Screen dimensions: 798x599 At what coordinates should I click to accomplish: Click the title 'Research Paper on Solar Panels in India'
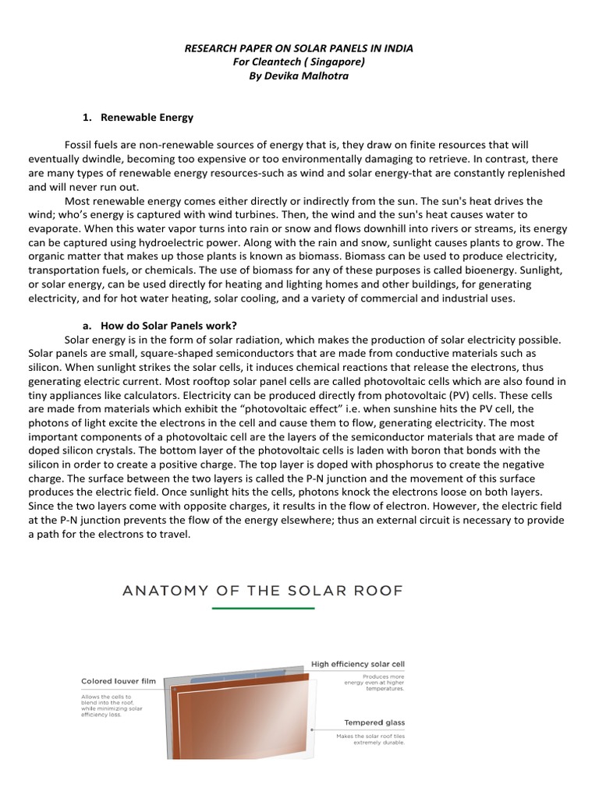pyautogui.click(x=299, y=48)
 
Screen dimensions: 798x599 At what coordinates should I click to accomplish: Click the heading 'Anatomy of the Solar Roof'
pyautogui.click(x=263, y=591)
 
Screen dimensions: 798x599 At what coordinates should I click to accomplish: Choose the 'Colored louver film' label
pyautogui.click(x=118, y=681)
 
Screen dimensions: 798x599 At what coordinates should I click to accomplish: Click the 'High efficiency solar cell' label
pyautogui.click(x=358, y=664)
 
